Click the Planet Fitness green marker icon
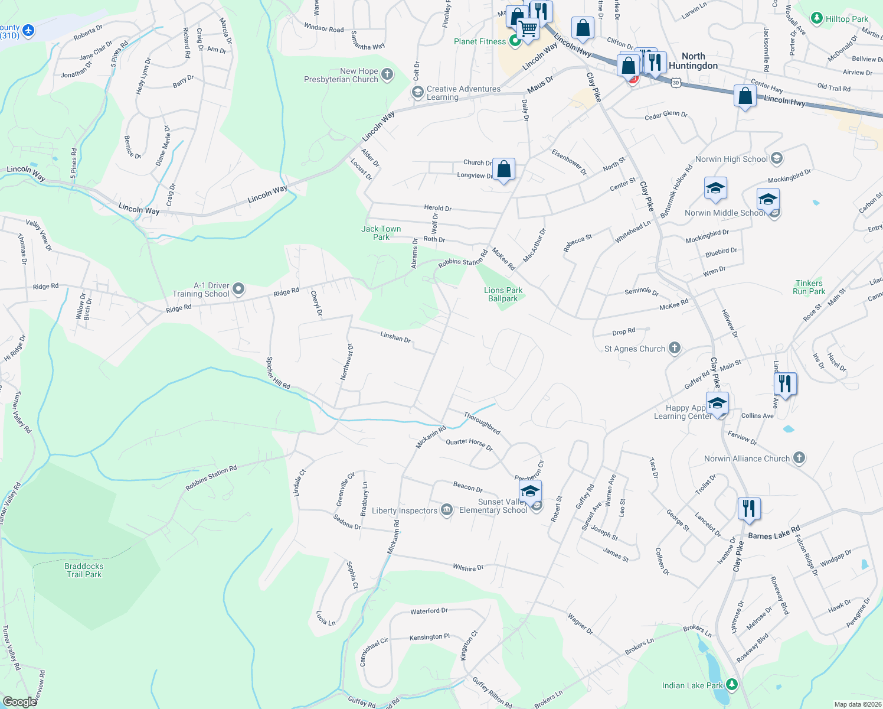click(515, 41)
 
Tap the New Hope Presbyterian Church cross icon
click(387, 74)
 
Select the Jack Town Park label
click(381, 233)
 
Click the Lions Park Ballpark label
click(503, 294)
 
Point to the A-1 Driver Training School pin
click(238, 290)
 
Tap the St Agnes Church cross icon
click(675, 349)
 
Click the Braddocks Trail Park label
click(84, 570)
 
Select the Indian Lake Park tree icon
click(732, 685)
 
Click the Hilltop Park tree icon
click(817, 19)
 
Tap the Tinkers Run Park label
click(809, 287)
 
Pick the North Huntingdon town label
click(693, 61)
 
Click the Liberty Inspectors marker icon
click(447, 510)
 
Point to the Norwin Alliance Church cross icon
click(799, 458)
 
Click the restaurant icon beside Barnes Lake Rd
click(748, 508)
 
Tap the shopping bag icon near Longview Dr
click(503, 170)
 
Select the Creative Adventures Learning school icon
click(417, 92)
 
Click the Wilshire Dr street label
click(468, 568)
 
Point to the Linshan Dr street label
click(395, 337)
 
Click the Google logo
click(19, 701)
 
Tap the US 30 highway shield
click(675, 83)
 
